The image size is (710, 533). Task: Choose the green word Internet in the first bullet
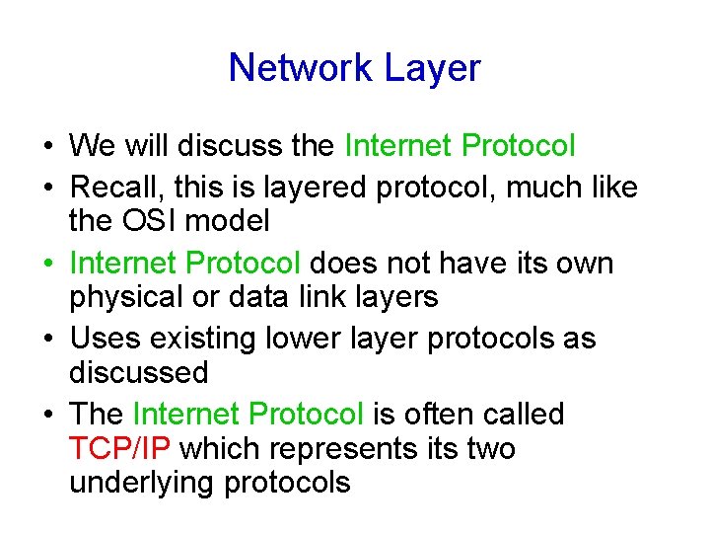pos(398,146)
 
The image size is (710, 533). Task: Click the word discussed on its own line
pos(138,372)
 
